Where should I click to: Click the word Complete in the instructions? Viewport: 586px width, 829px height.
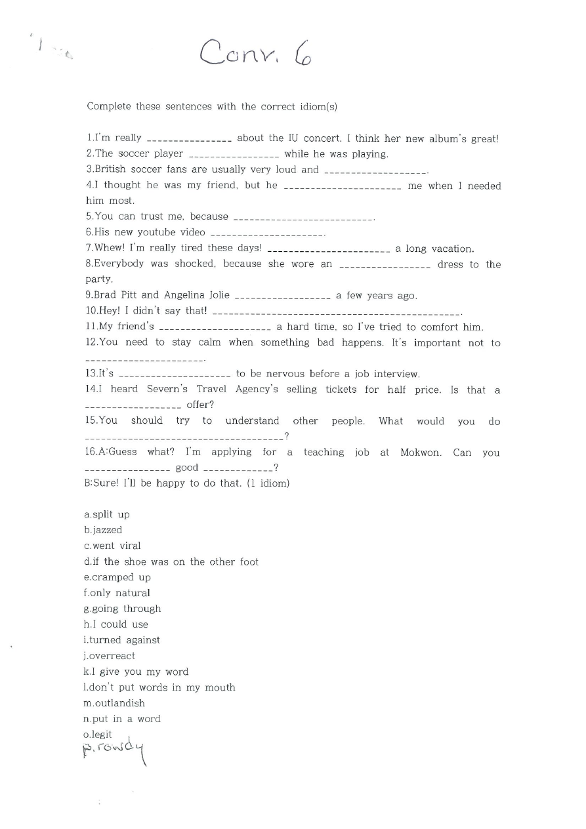pyautogui.click(x=109, y=106)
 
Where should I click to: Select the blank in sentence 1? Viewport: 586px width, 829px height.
pyautogui.click(x=189, y=139)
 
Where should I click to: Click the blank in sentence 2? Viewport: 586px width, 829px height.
pyautogui.click(x=234, y=155)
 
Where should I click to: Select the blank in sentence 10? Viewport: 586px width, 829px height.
pyautogui.click(x=337, y=313)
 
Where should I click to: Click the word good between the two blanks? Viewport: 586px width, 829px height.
pyautogui.click(x=187, y=468)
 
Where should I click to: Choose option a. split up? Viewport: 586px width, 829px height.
pyautogui.click(x=107, y=515)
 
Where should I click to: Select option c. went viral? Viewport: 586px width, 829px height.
pyautogui.click(x=112, y=546)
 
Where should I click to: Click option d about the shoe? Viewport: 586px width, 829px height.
pyautogui.click(x=171, y=562)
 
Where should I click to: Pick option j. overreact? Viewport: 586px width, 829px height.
pyautogui.click(x=110, y=656)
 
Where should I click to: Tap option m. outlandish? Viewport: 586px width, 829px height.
pyautogui.click(x=114, y=703)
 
